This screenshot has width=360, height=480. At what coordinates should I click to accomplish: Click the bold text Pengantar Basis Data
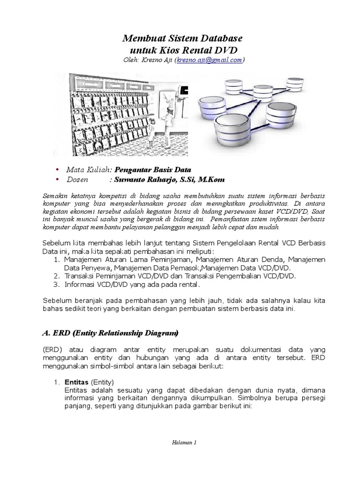click(x=153, y=169)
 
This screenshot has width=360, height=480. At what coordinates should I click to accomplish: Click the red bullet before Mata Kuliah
click(x=57, y=169)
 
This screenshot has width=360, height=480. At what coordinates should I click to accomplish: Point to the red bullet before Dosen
click(x=57, y=180)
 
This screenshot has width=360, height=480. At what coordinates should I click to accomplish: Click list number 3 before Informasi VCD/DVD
click(x=56, y=284)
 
